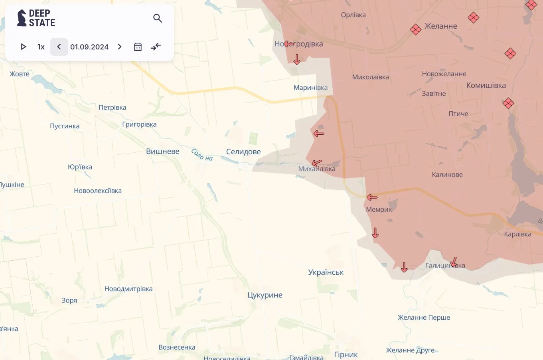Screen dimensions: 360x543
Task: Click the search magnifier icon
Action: [x=158, y=18]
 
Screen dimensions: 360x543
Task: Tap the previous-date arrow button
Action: [x=59, y=47]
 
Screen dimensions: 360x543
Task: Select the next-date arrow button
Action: [x=120, y=47]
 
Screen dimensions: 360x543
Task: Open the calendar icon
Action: [x=138, y=47]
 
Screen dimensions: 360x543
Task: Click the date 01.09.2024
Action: [x=89, y=47]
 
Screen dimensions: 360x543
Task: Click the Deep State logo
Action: [x=36, y=18]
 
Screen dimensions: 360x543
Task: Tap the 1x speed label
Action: [x=41, y=47]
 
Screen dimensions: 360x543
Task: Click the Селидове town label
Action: [x=243, y=151]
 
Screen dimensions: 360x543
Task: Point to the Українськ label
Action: [x=326, y=272]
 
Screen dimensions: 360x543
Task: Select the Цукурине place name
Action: [x=265, y=295]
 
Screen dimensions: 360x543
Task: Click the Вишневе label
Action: [x=163, y=151]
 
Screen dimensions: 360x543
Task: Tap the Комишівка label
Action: [x=486, y=85]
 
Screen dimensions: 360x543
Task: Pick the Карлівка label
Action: [x=517, y=234]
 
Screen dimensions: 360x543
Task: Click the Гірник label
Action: [x=346, y=354]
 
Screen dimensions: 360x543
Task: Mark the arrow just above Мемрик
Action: [x=372, y=197]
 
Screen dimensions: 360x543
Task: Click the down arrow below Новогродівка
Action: [x=297, y=59]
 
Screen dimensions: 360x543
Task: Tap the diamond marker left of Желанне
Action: [x=416, y=30]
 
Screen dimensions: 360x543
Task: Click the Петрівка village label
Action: [x=113, y=107]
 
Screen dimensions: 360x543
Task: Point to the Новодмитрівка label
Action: [x=128, y=289]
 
